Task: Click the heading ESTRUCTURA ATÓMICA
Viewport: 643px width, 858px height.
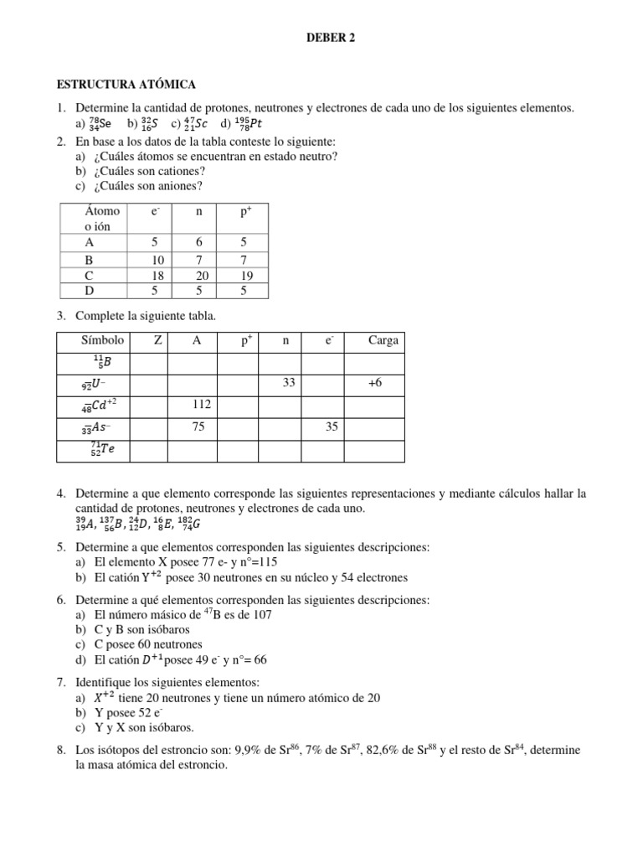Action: (126, 85)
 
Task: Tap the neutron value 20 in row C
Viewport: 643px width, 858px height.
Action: (198, 274)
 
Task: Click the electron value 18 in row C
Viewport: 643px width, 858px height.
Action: (157, 274)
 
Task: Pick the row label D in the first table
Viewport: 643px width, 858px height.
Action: (90, 290)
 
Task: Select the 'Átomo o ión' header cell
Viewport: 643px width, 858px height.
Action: (101, 219)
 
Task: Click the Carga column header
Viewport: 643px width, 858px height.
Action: (383, 340)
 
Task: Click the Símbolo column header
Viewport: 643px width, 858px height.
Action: (102, 340)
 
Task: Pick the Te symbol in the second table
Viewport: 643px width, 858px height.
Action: (103, 449)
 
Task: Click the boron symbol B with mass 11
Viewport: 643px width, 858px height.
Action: (102, 362)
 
